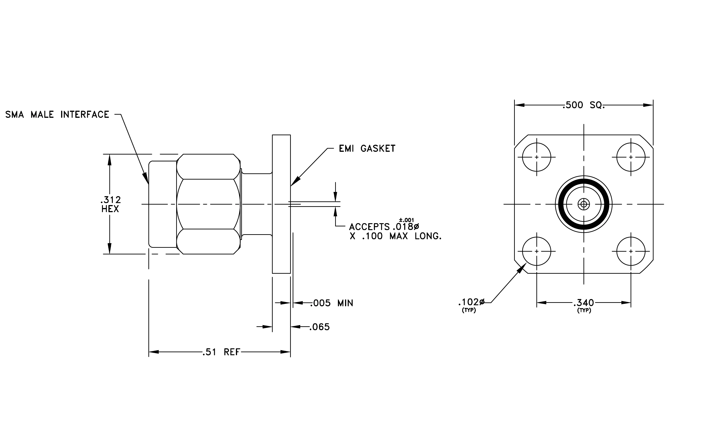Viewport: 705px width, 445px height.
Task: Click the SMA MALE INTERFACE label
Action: click(57, 114)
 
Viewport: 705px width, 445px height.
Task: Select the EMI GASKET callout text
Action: click(367, 149)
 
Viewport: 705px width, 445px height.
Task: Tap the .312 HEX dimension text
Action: click(110, 204)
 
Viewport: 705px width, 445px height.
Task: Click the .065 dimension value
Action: click(320, 327)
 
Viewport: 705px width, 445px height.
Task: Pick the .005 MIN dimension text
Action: click(332, 303)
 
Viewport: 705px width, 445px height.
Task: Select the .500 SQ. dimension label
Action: click(583, 105)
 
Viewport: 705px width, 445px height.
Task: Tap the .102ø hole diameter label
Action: click(471, 302)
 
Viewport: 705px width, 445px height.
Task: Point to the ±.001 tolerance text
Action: click(407, 220)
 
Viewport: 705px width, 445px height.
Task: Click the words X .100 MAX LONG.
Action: click(396, 236)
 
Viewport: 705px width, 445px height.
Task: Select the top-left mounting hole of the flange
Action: click(537, 157)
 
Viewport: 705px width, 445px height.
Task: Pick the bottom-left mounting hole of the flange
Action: click(537, 251)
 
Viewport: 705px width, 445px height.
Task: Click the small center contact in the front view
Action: click(584, 204)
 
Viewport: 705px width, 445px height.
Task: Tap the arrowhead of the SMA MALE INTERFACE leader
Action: click(145, 178)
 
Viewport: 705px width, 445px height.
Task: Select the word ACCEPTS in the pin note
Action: click(369, 227)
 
